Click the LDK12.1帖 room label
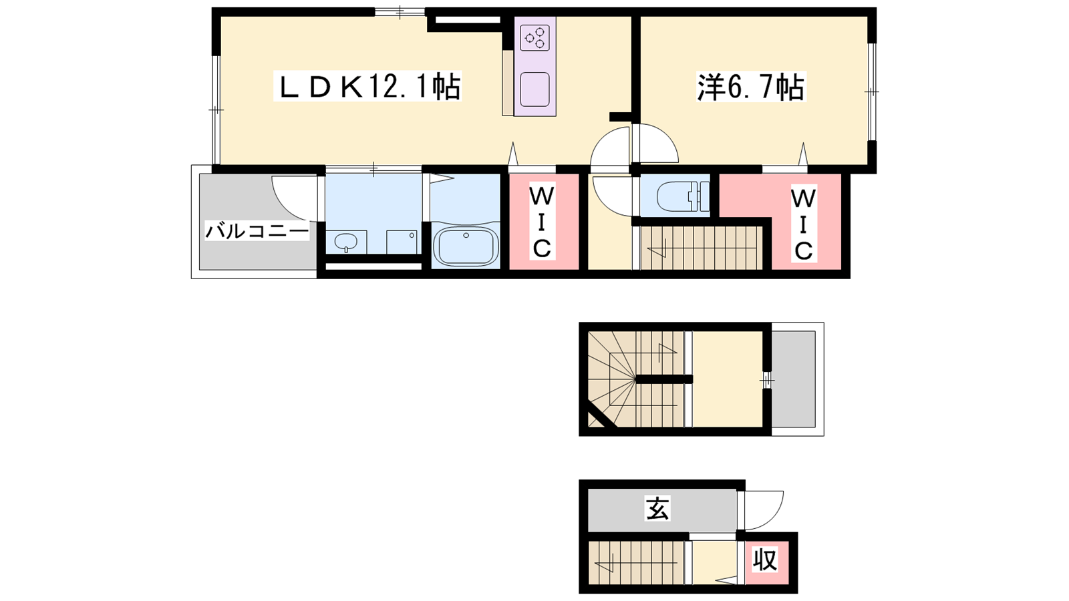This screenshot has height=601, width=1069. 367,86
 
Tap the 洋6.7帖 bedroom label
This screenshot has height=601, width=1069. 751,87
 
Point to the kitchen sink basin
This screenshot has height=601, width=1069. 534,89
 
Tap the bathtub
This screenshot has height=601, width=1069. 465,246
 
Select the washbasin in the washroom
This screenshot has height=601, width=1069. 345,242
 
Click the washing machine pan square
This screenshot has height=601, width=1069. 402,242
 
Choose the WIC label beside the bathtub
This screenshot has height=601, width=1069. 542,222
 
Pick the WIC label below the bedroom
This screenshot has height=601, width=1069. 804,224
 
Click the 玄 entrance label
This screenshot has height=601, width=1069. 657,508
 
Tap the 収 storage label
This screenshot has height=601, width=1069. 765,559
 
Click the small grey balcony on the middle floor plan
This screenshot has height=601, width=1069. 793,379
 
